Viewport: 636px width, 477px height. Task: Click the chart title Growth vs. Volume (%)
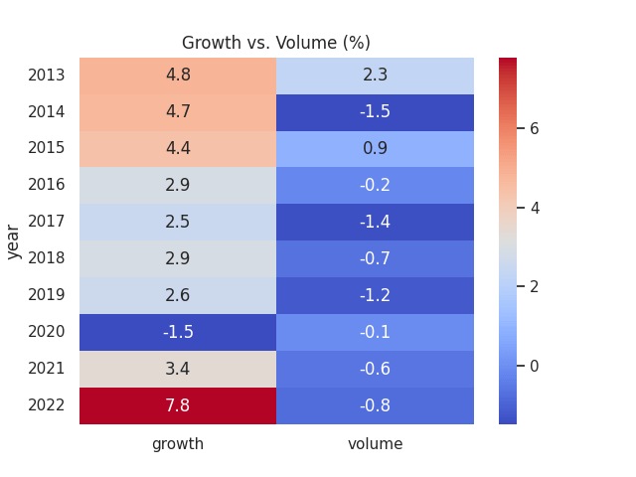click(x=275, y=43)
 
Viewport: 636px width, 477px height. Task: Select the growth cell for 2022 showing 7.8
click(x=178, y=405)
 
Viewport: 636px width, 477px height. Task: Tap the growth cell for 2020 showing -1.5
click(x=178, y=332)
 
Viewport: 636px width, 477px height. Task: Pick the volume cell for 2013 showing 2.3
click(x=375, y=75)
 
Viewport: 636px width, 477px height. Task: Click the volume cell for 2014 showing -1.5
click(x=375, y=111)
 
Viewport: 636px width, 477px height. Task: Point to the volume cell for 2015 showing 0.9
click(x=375, y=148)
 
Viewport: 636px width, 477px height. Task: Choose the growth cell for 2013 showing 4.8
click(x=178, y=75)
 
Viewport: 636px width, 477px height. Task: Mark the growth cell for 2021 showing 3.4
click(x=178, y=369)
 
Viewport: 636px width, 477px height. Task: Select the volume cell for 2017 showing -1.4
click(x=375, y=222)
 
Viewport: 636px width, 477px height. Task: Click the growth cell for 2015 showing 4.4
click(x=178, y=148)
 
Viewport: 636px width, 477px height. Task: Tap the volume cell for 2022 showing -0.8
click(x=375, y=405)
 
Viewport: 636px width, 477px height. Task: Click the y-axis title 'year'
click(x=14, y=240)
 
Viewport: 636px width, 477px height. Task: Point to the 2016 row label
click(x=47, y=185)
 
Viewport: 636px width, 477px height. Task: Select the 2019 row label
click(x=47, y=295)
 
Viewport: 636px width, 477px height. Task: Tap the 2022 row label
click(x=47, y=405)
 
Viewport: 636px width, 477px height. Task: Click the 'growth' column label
click(x=178, y=444)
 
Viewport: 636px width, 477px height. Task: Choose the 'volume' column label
click(x=375, y=444)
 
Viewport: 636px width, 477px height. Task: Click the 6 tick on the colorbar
click(x=534, y=128)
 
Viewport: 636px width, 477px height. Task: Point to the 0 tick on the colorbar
click(x=534, y=366)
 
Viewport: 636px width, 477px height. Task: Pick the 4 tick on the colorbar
click(x=534, y=208)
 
